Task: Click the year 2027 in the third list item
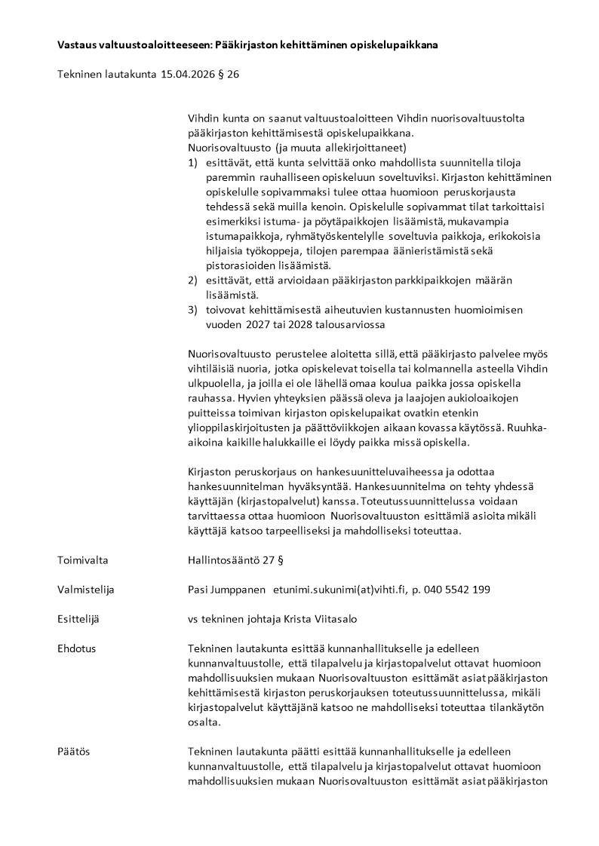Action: click(x=261, y=324)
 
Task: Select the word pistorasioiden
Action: click(x=241, y=265)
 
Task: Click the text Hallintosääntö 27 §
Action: click(x=235, y=560)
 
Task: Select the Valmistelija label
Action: click(x=86, y=590)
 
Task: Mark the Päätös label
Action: click(x=74, y=752)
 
